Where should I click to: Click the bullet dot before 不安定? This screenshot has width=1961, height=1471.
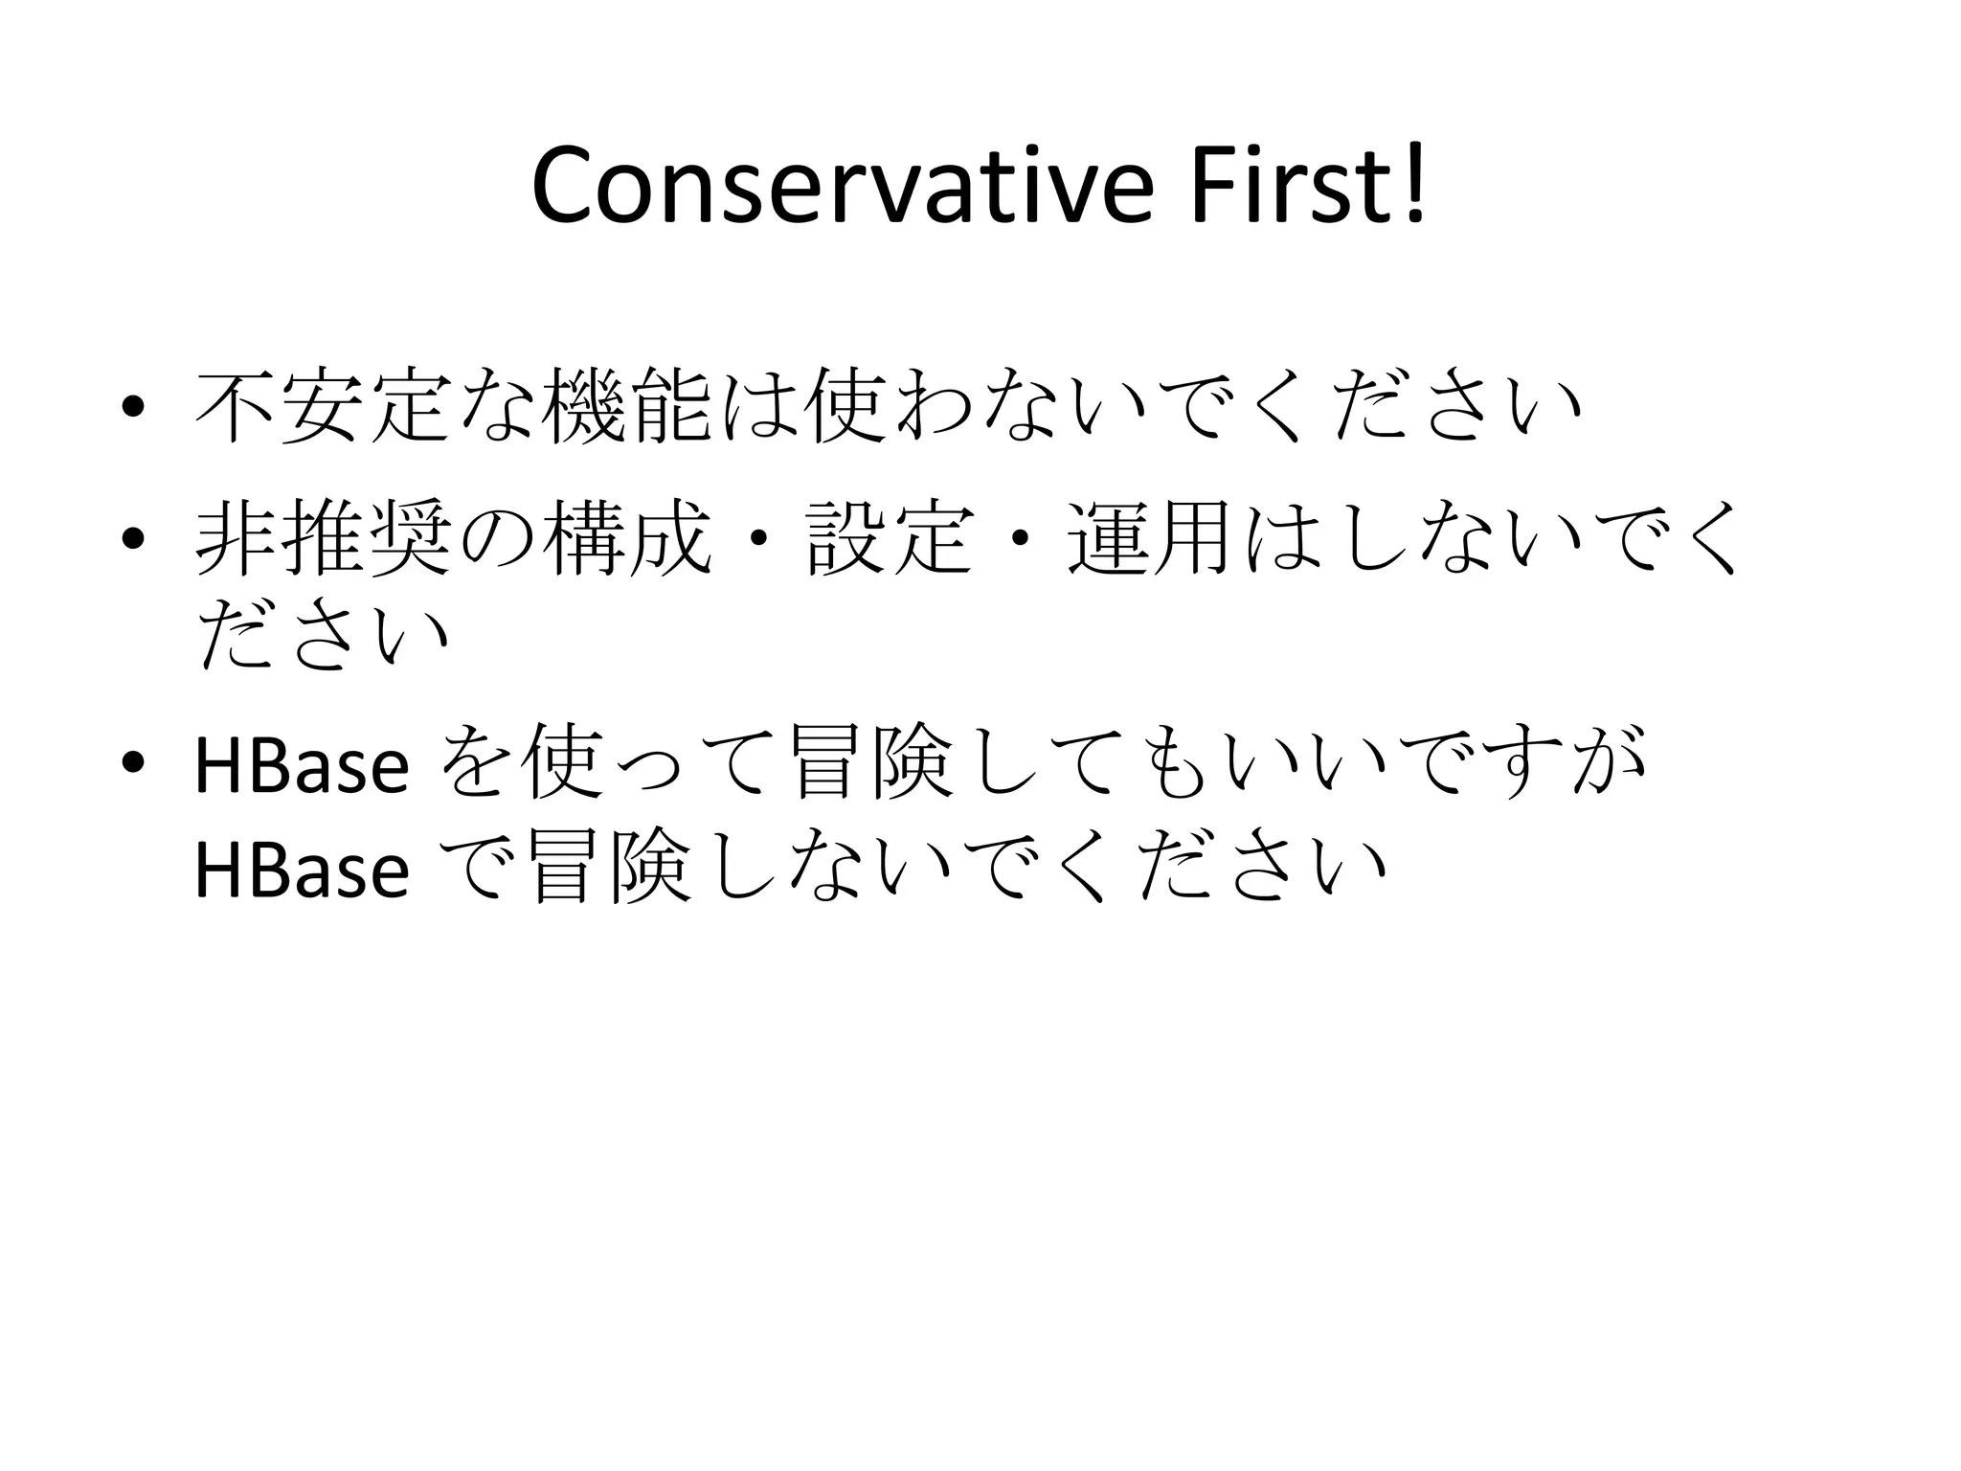pos(134,407)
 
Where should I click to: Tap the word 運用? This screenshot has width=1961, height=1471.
pos(1149,538)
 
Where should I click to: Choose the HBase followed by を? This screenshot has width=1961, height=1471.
pos(302,765)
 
